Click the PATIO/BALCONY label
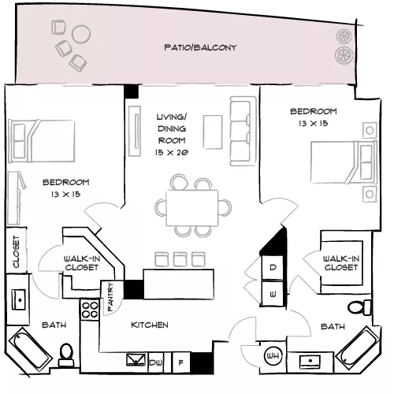[x=200, y=47]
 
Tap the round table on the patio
[x=81, y=34]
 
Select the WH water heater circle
[x=273, y=356]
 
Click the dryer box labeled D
[x=273, y=267]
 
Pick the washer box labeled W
[x=273, y=294]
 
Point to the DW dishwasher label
[x=156, y=362]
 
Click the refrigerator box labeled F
[x=181, y=362]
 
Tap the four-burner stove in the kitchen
[x=90, y=310]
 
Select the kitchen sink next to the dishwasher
[x=136, y=360]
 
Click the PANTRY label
[x=110, y=297]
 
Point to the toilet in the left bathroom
[x=66, y=355]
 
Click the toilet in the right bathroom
[x=359, y=307]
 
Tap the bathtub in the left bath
[x=30, y=348]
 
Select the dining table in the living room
[x=192, y=208]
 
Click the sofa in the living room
[x=243, y=131]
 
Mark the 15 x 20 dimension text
[x=172, y=152]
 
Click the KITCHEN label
[x=150, y=325]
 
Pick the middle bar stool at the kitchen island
[x=180, y=259]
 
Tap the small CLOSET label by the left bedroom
[x=17, y=251]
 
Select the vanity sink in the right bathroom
[x=310, y=362]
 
